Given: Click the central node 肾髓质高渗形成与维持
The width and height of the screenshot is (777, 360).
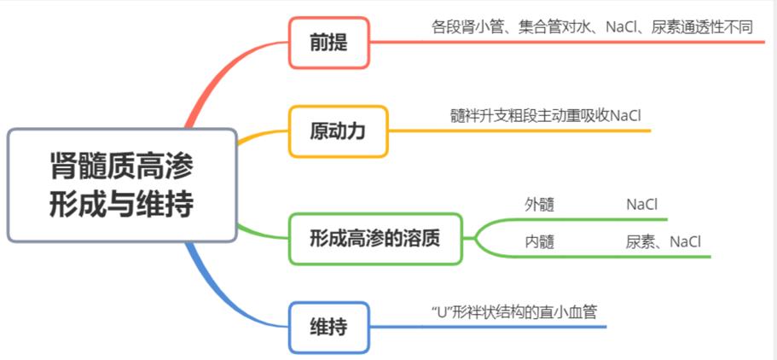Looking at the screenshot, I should tap(121, 185).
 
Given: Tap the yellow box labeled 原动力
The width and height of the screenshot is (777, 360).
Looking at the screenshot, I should tap(338, 131).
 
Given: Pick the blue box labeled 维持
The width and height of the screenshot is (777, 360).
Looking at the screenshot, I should tap(328, 327).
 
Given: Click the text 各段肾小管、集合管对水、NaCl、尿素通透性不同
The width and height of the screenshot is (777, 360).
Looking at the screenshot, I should tap(592, 26).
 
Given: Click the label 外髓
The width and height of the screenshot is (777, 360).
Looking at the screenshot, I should tap(539, 205).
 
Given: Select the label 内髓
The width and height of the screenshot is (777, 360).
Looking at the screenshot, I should tap(539, 241).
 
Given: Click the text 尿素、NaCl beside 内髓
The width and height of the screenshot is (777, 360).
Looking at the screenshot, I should tap(663, 241).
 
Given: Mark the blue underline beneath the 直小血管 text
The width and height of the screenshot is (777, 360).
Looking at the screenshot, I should tap(512, 327).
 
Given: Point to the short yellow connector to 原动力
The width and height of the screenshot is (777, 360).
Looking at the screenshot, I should tap(261, 136).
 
